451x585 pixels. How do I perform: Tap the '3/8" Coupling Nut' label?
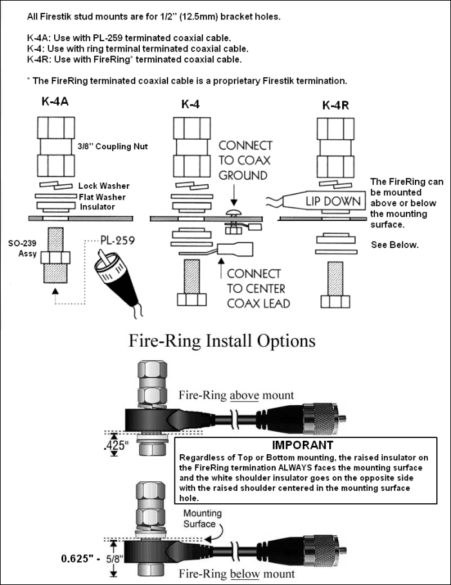pos(113,147)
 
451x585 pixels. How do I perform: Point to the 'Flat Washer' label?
pos(102,197)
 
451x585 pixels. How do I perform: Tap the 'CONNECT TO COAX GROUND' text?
pos(245,160)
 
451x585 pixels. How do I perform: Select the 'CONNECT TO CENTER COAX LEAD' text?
pos(254,289)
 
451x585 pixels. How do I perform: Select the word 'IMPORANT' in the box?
pos(302,445)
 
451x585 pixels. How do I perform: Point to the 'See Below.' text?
pos(394,245)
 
